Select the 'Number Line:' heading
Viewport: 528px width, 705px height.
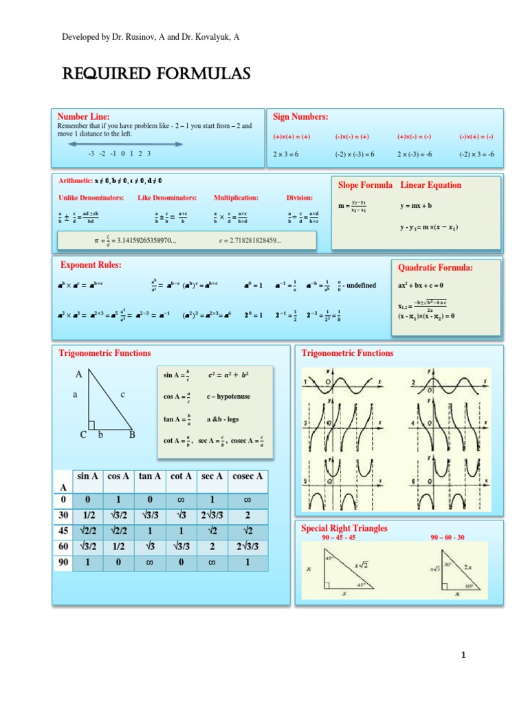click(x=83, y=116)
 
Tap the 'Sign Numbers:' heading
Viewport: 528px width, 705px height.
click(x=300, y=116)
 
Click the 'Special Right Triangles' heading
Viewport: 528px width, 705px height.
click(x=344, y=528)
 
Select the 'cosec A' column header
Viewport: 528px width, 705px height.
click(x=247, y=476)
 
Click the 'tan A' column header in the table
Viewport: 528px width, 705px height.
click(x=150, y=476)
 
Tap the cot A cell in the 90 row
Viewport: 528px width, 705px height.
click(x=182, y=562)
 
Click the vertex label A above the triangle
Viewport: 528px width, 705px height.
click(x=79, y=374)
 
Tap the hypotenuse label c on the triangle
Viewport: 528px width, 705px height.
click(x=122, y=394)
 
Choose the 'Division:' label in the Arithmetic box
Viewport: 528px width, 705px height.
click(x=299, y=198)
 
